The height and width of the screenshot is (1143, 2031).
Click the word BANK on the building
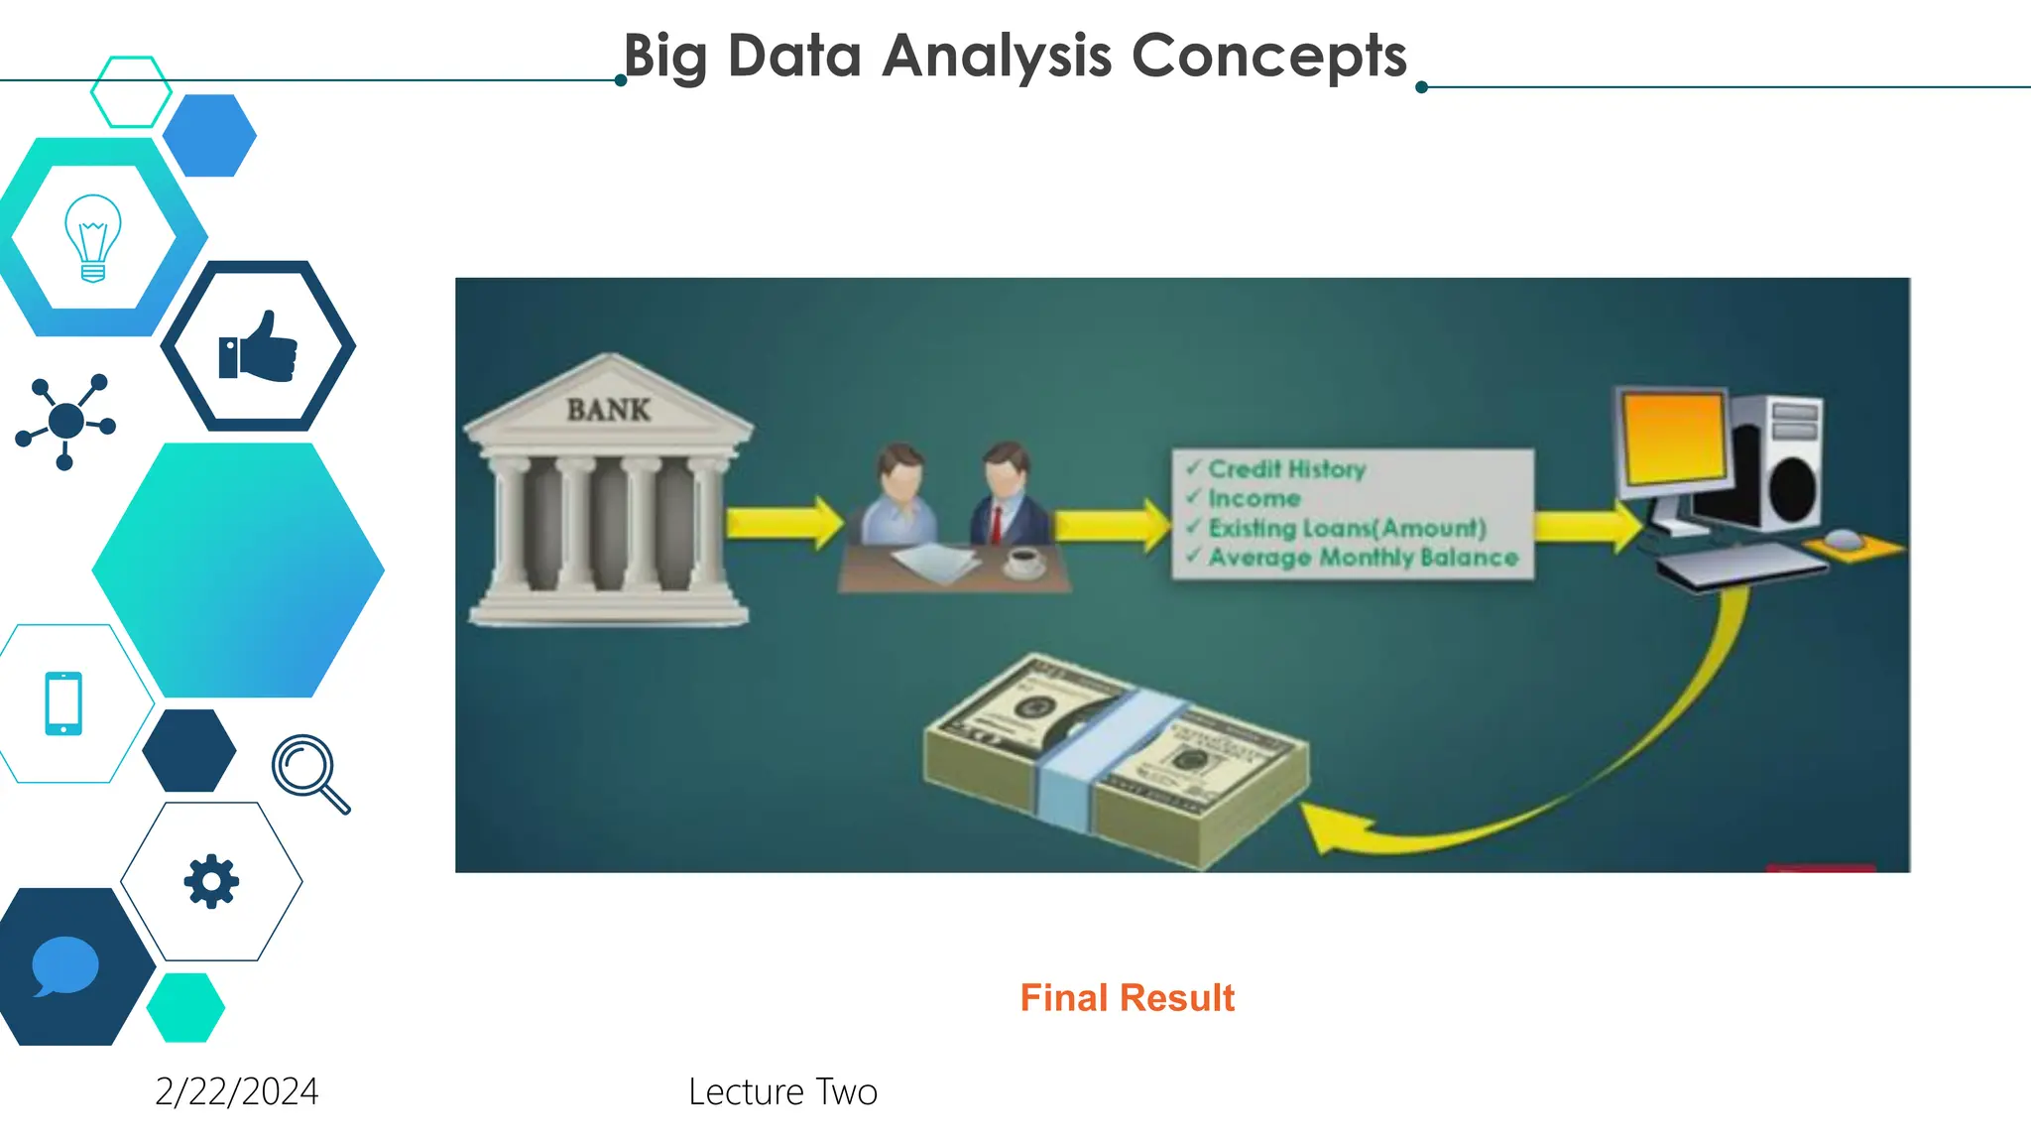point(608,410)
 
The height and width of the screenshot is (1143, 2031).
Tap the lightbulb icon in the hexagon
point(93,238)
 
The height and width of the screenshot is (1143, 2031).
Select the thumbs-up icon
point(258,347)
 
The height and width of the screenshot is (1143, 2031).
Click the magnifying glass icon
point(309,773)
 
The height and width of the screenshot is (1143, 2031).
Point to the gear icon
point(211,881)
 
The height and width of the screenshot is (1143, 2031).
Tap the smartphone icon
point(63,703)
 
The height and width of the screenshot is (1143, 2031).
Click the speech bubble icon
point(65,965)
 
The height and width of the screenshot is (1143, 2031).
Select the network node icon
point(65,421)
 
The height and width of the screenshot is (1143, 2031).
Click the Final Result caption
point(1127,998)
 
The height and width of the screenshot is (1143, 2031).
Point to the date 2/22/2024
point(237,1091)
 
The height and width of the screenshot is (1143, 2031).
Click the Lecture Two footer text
point(782,1091)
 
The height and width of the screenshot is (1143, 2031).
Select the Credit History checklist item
point(1286,468)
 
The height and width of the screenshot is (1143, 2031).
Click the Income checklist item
point(1254,498)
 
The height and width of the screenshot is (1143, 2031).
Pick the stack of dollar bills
point(1116,759)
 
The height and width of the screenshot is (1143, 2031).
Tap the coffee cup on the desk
point(1024,562)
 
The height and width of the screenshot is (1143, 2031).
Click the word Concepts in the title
point(1268,56)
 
